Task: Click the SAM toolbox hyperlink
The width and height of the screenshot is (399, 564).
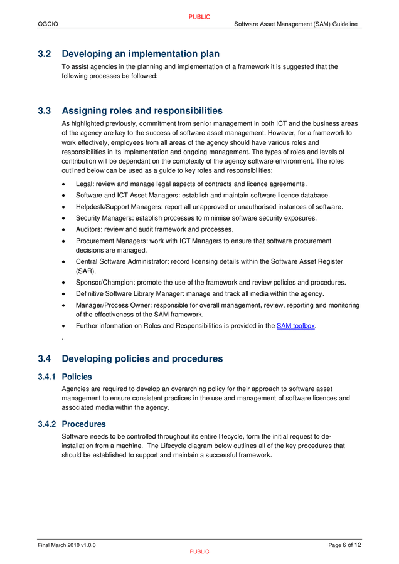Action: coord(295,326)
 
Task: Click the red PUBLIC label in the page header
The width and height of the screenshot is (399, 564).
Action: coord(199,17)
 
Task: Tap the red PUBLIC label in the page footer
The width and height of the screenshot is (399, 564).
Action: coord(199,551)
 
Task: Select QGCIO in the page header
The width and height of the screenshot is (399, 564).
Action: coord(48,24)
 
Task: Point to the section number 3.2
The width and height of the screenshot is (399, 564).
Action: coord(44,54)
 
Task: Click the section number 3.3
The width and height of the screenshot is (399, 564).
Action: coord(44,111)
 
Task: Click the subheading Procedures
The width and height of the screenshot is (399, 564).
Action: coord(84,424)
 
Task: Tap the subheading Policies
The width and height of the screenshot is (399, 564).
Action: coord(77,377)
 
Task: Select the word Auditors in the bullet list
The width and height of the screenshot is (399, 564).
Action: coord(88,229)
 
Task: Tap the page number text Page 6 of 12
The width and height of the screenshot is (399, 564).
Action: coord(344,545)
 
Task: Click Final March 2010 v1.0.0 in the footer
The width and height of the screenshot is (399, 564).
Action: coord(66,545)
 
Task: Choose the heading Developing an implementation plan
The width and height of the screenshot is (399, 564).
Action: coord(141,54)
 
